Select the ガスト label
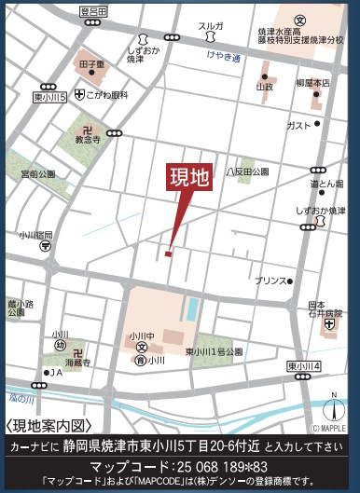coord(298,124)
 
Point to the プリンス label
coord(270,280)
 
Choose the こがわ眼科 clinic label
coord(106,96)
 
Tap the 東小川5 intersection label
coord(49,96)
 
